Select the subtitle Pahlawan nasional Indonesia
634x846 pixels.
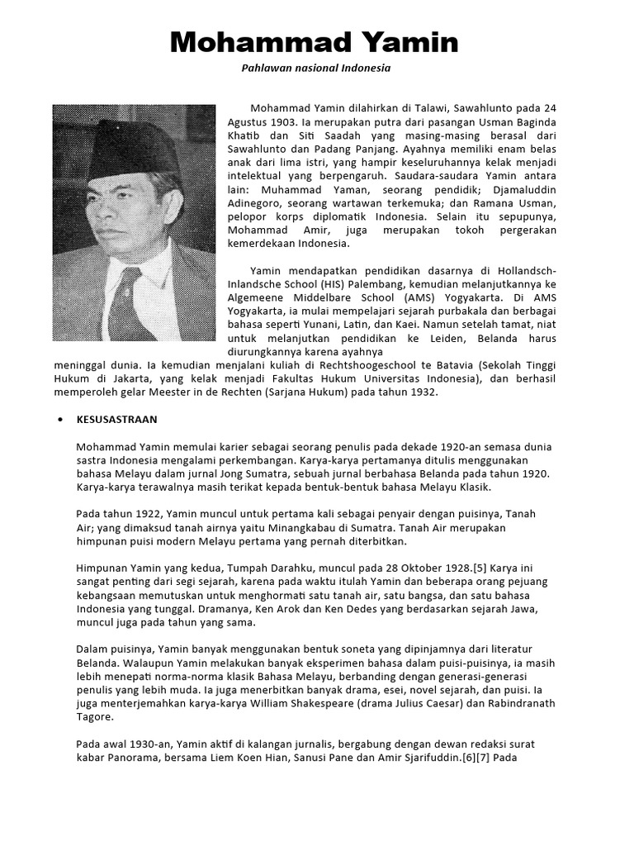315,69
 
